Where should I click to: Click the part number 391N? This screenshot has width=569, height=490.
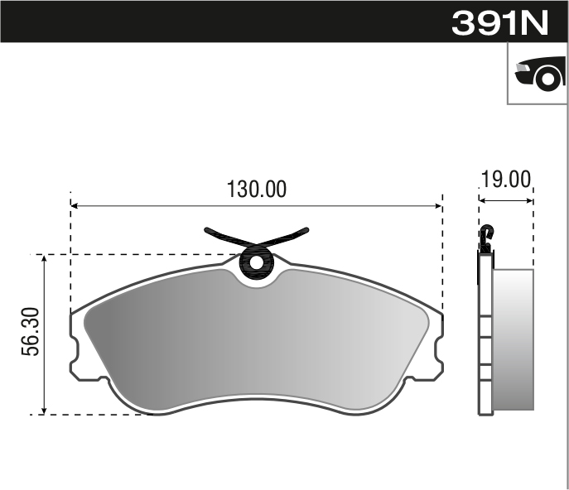pos(499,22)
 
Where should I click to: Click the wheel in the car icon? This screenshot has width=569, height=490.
pos(546,79)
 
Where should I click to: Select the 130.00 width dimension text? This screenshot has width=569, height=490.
pos(257,190)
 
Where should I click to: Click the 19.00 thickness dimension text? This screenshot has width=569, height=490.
pos(505,180)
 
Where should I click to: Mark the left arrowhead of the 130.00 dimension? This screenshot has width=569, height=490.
pos(75,204)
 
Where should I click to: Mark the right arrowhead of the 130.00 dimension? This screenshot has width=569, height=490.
pos(438,204)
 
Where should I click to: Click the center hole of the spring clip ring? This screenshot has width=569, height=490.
pos(256,263)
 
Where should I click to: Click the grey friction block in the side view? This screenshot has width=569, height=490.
pos(513,339)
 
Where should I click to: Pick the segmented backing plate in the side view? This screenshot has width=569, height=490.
pos(485,339)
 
